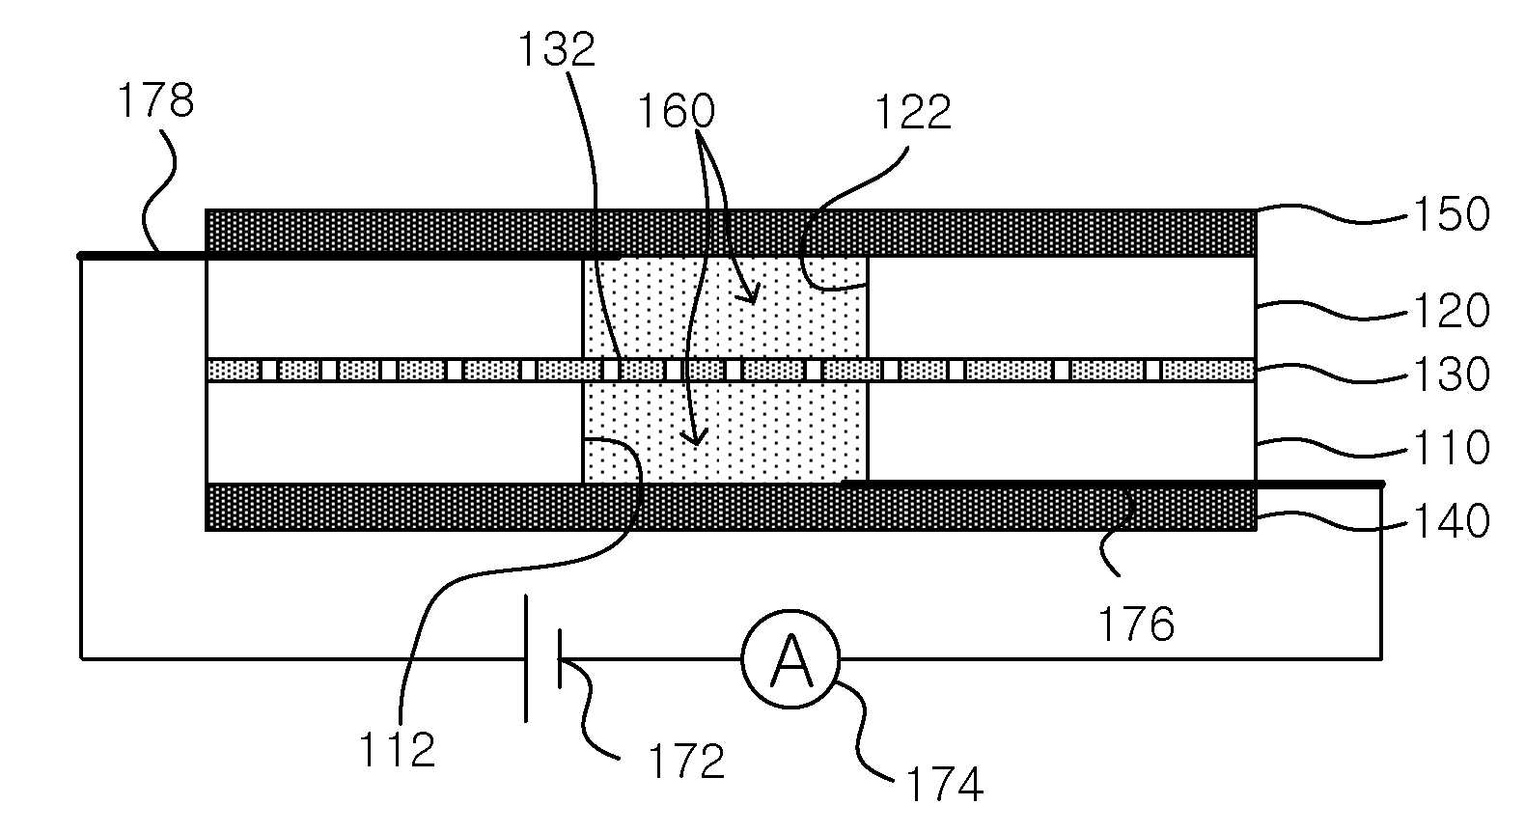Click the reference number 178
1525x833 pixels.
click(156, 100)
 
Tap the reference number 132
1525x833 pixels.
click(557, 49)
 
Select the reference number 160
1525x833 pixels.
click(676, 111)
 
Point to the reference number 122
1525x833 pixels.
click(912, 112)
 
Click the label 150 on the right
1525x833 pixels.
click(1452, 214)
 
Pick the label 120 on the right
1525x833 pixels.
click(1452, 311)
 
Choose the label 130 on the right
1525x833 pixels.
click(1452, 374)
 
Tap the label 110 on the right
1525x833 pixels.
click(1452, 448)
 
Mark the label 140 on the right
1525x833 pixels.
click(1452, 521)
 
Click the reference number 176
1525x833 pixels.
click(1136, 624)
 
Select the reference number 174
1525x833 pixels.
click(944, 784)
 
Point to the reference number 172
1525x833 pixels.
click(686, 761)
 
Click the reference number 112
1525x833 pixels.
click(397, 751)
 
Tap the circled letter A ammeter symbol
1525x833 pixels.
click(790, 658)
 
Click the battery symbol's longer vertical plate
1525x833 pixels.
click(526, 658)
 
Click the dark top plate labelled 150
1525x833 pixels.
click(731, 233)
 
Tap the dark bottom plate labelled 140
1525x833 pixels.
click(731, 508)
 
